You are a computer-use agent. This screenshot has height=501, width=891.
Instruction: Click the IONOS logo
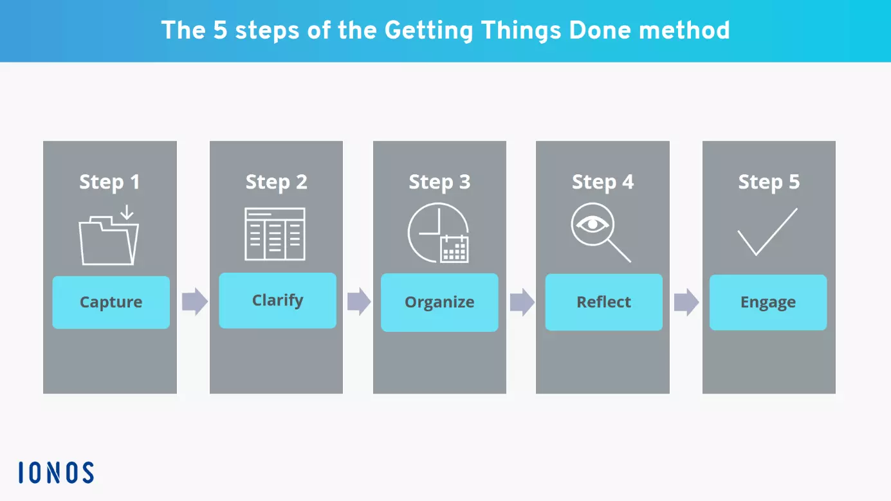tap(57, 473)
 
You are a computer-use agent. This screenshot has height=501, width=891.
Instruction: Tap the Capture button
tap(111, 302)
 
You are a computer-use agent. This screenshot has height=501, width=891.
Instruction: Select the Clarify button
tap(277, 300)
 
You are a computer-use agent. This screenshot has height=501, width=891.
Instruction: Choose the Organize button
tap(439, 302)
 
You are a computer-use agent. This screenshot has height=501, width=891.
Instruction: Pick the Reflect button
tap(603, 302)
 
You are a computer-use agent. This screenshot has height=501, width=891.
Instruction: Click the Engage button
tap(767, 302)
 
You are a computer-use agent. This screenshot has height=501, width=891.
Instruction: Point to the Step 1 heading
tap(109, 182)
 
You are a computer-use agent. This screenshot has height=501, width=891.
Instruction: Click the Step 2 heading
tap(276, 182)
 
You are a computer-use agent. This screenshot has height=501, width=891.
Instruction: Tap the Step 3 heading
tap(439, 182)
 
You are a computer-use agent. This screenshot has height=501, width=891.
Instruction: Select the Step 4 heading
tap(603, 182)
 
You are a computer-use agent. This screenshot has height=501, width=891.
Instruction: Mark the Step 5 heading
tap(769, 182)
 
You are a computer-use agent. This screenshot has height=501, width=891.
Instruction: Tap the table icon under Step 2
tap(275, 234)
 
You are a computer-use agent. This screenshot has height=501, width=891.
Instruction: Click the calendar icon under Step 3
tap(454, 249)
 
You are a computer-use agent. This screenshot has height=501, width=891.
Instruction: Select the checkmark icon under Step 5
tap(767, 232)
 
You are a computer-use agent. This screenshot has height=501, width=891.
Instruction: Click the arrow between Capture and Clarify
tap(194, 301)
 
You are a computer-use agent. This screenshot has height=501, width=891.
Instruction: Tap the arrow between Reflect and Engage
tap(686, 302)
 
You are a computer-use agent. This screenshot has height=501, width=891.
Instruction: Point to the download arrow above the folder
tap(127, 212)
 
